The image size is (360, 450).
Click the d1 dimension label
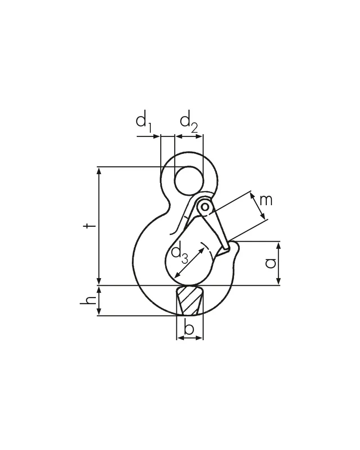pyautogui.click(x=144, y=121)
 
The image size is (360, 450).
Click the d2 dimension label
pyautogui.click(x=189, y=121)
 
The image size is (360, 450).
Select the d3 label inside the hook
pyautogui.click(x=180, y=252)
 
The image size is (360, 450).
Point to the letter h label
pyautogui.click(x=88, y=301)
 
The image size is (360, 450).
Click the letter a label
pyautogui.click(x=270, y=263)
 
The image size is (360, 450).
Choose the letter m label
pyautogui.click(x=266, y=200)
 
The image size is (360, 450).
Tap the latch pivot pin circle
pyautogui.click(x=205, y=207)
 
